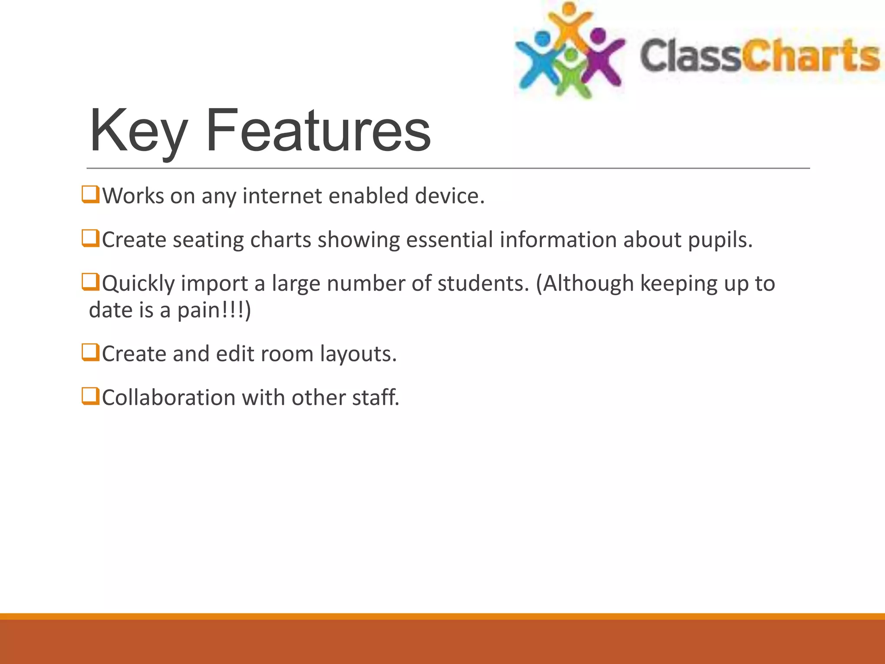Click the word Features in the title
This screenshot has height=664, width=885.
coord(318,131)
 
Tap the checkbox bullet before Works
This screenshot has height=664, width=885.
coord(90,195)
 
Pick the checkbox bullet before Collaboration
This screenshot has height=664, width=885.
coord(90,396)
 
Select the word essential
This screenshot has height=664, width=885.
coord(449,240)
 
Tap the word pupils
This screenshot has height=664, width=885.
coord(720,240)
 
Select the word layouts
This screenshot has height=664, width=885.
coord(358,354)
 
